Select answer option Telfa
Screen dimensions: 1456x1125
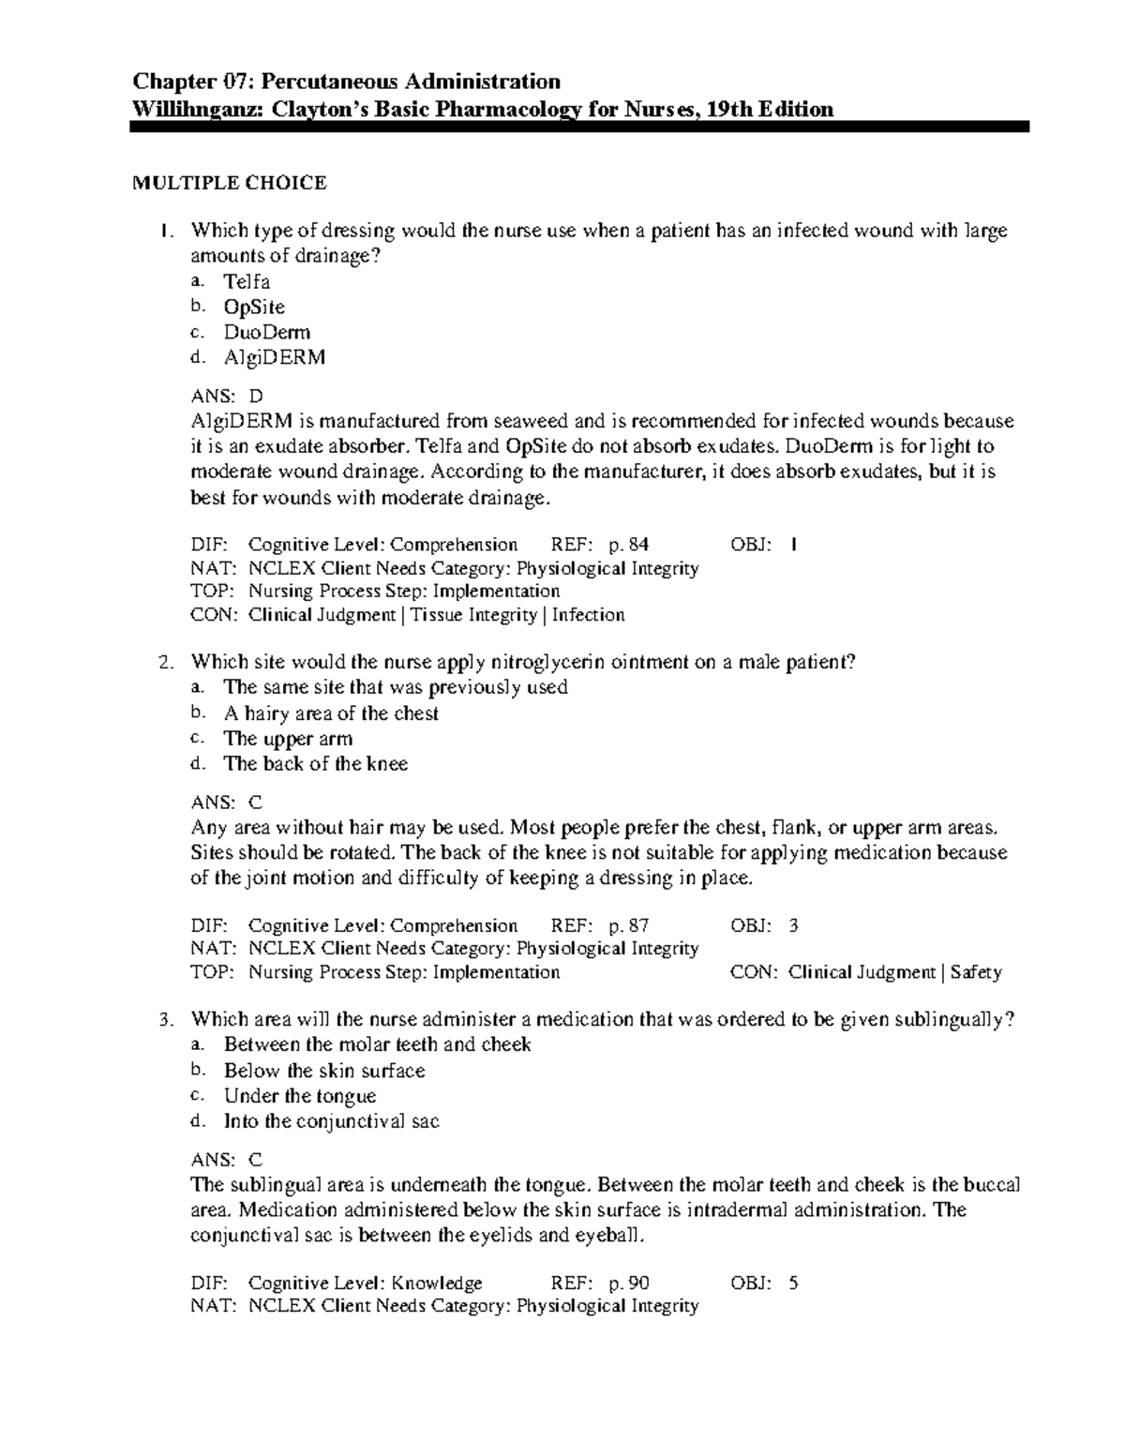point(247,281)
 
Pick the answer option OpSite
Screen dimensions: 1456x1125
point(254,307)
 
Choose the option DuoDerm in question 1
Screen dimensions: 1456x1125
point(266,332)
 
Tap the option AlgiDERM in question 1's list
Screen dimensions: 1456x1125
point(274,357)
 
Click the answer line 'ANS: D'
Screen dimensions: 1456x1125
point(227,396)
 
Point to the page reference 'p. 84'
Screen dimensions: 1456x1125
point(628,545)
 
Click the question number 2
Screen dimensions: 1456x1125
point(165,662)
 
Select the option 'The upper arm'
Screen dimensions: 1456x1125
point(288,738)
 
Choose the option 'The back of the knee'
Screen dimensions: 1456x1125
point(315,763)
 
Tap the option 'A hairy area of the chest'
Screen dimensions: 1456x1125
point(331,713)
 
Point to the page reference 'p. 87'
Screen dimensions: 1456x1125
point(628,925)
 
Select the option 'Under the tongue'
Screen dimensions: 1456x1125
point(299,1096)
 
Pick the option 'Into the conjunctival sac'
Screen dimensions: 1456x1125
point(331,1121)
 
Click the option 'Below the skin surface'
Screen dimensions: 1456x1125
point(323,1071)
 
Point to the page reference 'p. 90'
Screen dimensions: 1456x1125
point(628,1283)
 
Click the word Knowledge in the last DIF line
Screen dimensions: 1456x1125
point(436,1283)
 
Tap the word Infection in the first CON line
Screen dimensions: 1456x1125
point(588,615)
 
